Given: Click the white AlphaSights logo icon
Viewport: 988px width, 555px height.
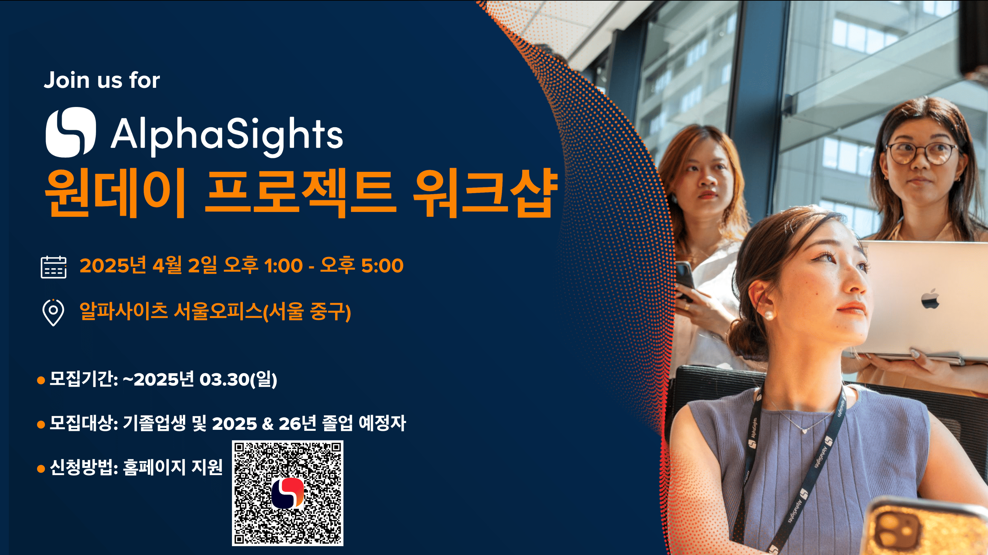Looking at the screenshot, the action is [x=71, y=132].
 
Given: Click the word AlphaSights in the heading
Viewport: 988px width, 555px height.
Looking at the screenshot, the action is [x=227, y=135].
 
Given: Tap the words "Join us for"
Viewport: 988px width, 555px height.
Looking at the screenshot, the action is [x=102, y=80].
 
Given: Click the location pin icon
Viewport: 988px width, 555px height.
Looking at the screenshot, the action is [x=53, y=312].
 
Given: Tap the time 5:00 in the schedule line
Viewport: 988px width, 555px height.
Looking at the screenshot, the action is [x=383, y=265].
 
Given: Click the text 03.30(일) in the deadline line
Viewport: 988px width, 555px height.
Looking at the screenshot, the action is [x=238, y=379].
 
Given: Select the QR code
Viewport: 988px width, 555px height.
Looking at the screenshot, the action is [x=288, y=493].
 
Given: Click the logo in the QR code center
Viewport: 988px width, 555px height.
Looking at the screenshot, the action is [x=288, y=493].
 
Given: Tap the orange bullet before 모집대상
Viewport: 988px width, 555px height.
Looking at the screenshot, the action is [x=41, y=425].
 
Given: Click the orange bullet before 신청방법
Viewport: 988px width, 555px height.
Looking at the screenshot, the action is [x=41, y=469].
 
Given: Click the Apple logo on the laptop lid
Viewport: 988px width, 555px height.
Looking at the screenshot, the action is [x=930, y=298].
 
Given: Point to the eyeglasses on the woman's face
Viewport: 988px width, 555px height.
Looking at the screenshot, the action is [x=922, y=153].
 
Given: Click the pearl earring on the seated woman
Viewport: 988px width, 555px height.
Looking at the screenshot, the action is [x=768, y=315].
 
